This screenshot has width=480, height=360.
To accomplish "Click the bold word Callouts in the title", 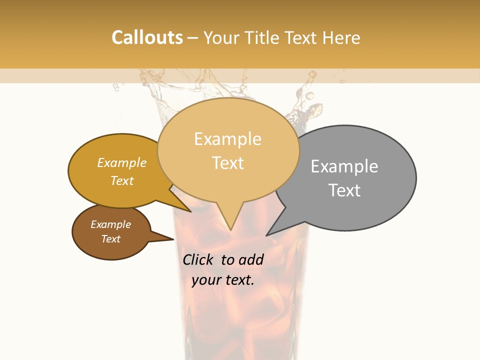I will click(147, 37).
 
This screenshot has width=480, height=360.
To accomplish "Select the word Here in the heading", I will click(341, 37).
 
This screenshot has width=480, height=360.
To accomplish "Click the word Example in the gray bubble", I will click(344, 166).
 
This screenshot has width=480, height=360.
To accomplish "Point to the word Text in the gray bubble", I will click(344, 190).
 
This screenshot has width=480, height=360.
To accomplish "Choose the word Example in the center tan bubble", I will click(228, 139).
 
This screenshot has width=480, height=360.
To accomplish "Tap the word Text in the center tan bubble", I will click(228, 163).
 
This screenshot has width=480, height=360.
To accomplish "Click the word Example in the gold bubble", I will click(122, 163).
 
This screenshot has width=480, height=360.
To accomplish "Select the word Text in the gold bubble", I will click(122, 181).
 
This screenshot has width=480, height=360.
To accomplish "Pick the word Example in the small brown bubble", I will click(111, 224).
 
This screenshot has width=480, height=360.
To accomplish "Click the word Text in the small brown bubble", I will click(111, 239).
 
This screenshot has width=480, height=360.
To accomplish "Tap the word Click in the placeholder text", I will click(198, 259).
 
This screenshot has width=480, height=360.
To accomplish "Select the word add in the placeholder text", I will click(250, 259).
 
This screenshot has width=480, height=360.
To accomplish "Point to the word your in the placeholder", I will click(206, 280).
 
